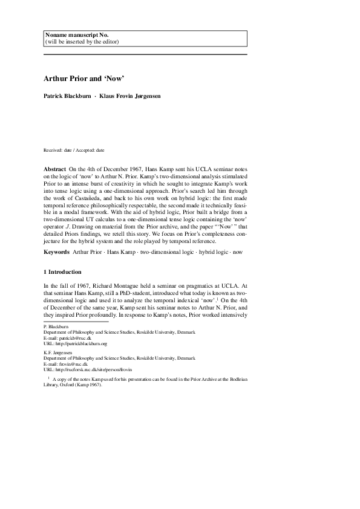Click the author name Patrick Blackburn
67,97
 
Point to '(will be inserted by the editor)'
82,42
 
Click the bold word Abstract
55,167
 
